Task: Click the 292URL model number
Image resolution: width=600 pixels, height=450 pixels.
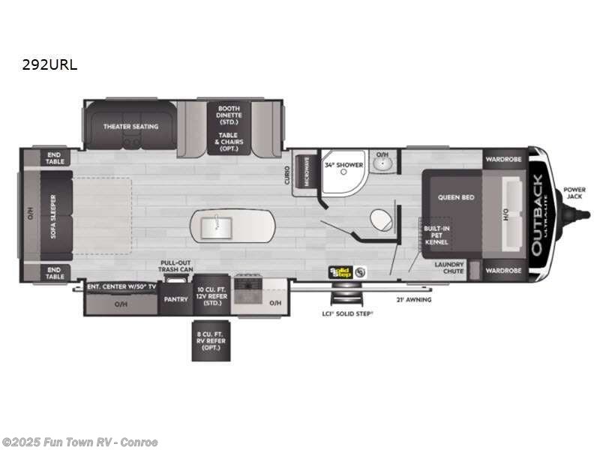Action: (x=49, y=64)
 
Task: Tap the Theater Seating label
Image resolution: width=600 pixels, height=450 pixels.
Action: (x=130, y=127)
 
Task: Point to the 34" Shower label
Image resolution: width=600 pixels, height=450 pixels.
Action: (x=343, y=164)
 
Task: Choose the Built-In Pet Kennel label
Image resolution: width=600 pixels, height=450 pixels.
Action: (x=436, y=235)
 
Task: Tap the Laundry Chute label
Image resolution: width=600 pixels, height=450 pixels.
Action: (x=448, y=268)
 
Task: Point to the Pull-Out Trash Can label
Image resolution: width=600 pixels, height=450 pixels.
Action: (x=175, y=266)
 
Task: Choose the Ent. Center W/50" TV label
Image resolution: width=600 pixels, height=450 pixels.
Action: (x=120, y=286)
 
